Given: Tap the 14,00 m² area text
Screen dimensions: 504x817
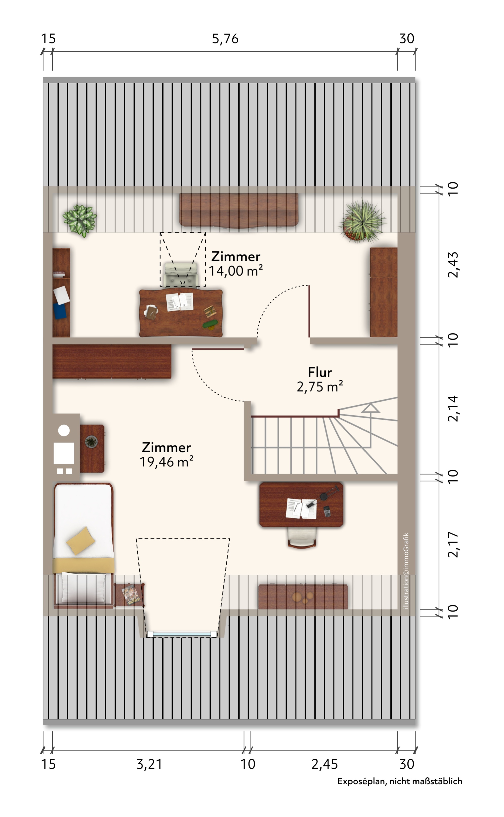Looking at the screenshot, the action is (x=236, y=271).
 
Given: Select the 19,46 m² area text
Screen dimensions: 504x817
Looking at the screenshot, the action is (x=166, y=462).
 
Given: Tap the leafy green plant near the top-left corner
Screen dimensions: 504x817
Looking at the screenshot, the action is (x=80, y=220).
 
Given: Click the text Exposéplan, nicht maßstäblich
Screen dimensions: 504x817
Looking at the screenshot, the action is (x=400, y=781).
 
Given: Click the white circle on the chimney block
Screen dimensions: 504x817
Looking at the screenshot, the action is (x=64, y=430).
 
